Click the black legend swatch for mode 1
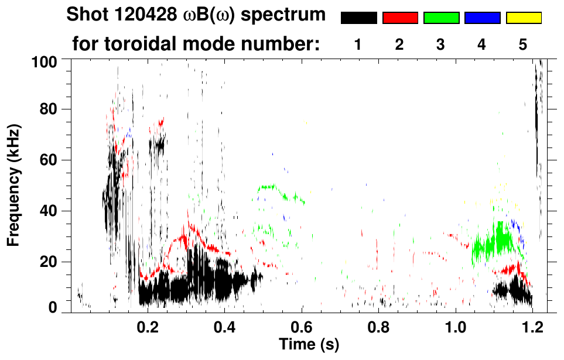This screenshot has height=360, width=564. (358, 18)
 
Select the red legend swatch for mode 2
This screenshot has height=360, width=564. (400, 18)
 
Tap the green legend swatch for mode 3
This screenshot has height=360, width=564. (441, 18)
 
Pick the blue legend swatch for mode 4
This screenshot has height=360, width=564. (482, 18)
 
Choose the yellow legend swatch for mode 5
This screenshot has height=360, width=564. (524, 18)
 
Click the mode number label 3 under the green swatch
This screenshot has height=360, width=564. (440, 44)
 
